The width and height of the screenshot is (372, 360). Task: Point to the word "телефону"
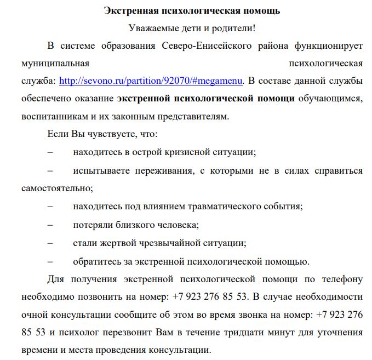click(x=342, y=278)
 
